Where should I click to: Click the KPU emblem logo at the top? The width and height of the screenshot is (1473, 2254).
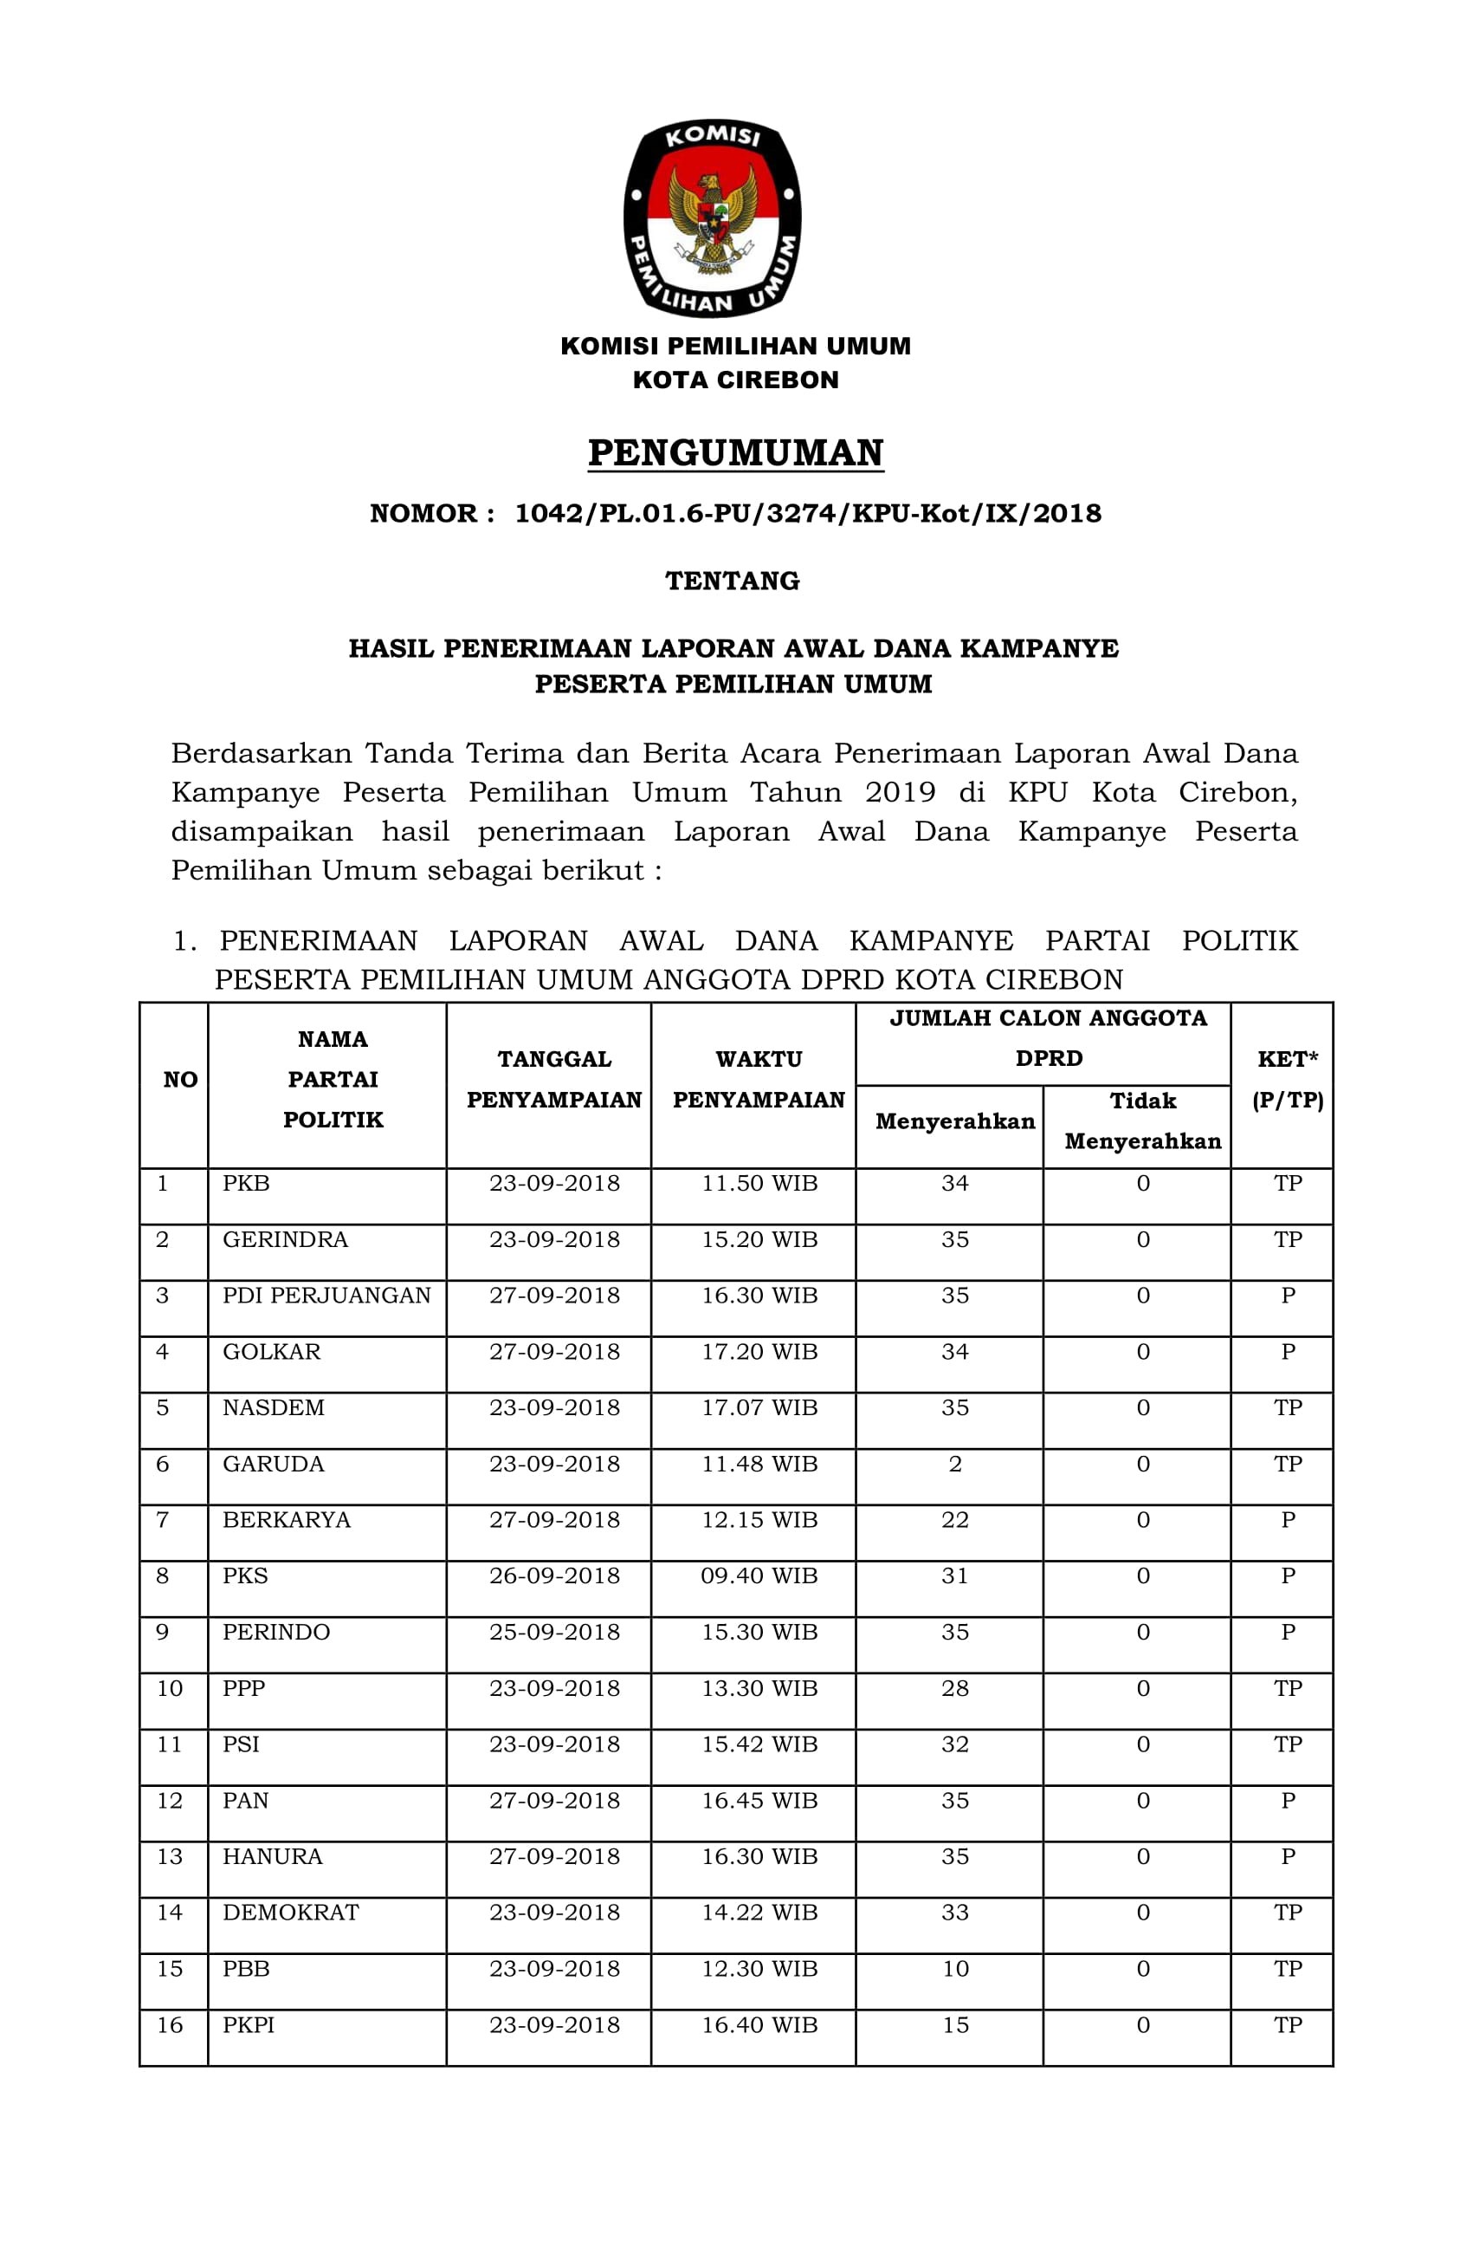712,218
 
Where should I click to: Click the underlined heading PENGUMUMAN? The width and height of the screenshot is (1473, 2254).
735,452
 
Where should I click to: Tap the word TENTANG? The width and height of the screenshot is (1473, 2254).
732,581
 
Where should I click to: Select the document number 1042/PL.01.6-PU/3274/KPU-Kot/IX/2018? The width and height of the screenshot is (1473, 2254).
807,513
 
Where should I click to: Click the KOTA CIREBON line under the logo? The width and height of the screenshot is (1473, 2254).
735,380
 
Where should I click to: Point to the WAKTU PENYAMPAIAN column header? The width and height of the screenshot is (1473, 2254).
759,1079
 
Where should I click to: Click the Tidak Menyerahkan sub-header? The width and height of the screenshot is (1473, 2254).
1142,1121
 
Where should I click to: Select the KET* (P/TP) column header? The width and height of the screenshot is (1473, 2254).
1288,1079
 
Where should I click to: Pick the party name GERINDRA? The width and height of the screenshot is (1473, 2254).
285,1240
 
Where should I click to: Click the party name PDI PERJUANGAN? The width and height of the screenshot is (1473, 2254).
326,1296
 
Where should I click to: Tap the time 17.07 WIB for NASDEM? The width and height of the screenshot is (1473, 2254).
759,1407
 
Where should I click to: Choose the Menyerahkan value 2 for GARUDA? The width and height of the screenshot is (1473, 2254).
955,1465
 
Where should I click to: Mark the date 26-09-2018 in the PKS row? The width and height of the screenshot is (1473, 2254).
554,1576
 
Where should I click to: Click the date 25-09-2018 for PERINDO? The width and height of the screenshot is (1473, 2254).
554,1632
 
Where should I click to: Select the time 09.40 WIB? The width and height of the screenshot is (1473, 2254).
759,1576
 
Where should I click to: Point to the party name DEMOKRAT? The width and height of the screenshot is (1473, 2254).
291,1912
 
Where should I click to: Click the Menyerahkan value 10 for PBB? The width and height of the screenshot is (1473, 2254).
955,1969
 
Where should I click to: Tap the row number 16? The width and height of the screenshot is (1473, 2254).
170,2025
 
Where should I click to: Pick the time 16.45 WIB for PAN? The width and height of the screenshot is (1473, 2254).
759,1801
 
